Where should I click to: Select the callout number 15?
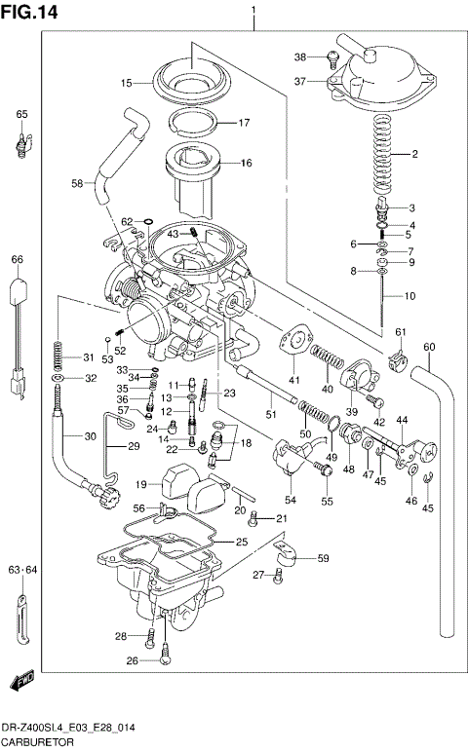[127, 84]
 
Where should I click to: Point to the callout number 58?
[77, 182]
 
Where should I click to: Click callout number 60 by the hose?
[429, 347]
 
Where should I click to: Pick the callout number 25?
[241, 542]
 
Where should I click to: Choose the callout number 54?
[291, 500]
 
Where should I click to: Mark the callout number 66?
[17, 259]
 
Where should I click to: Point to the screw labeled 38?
[333, 58]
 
